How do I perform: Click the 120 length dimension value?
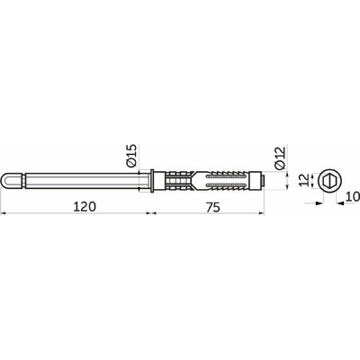coord(85,207)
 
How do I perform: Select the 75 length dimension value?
coord(213,207)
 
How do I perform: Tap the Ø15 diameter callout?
coord(131,156)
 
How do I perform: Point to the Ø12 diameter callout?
coord(280,158)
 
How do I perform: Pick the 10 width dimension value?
coord(352,196)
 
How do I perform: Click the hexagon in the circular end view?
coord(330,181)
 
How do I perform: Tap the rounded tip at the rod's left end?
coord(7,181)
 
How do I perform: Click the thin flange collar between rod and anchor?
coord(152,181)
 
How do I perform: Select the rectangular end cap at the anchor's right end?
coord(256,181)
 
